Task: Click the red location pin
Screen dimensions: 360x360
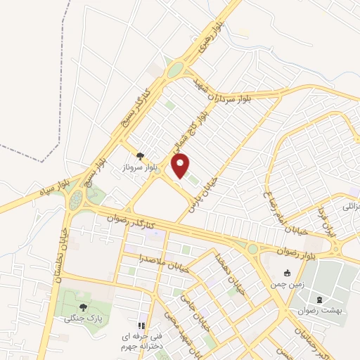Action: pos(181,166)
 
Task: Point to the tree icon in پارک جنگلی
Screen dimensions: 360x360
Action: pos(84,307)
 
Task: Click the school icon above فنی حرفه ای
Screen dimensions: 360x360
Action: pos(140,326)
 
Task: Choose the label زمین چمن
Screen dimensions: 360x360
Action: pos(285,285)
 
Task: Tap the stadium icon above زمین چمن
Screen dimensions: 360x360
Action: pos(286,273)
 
